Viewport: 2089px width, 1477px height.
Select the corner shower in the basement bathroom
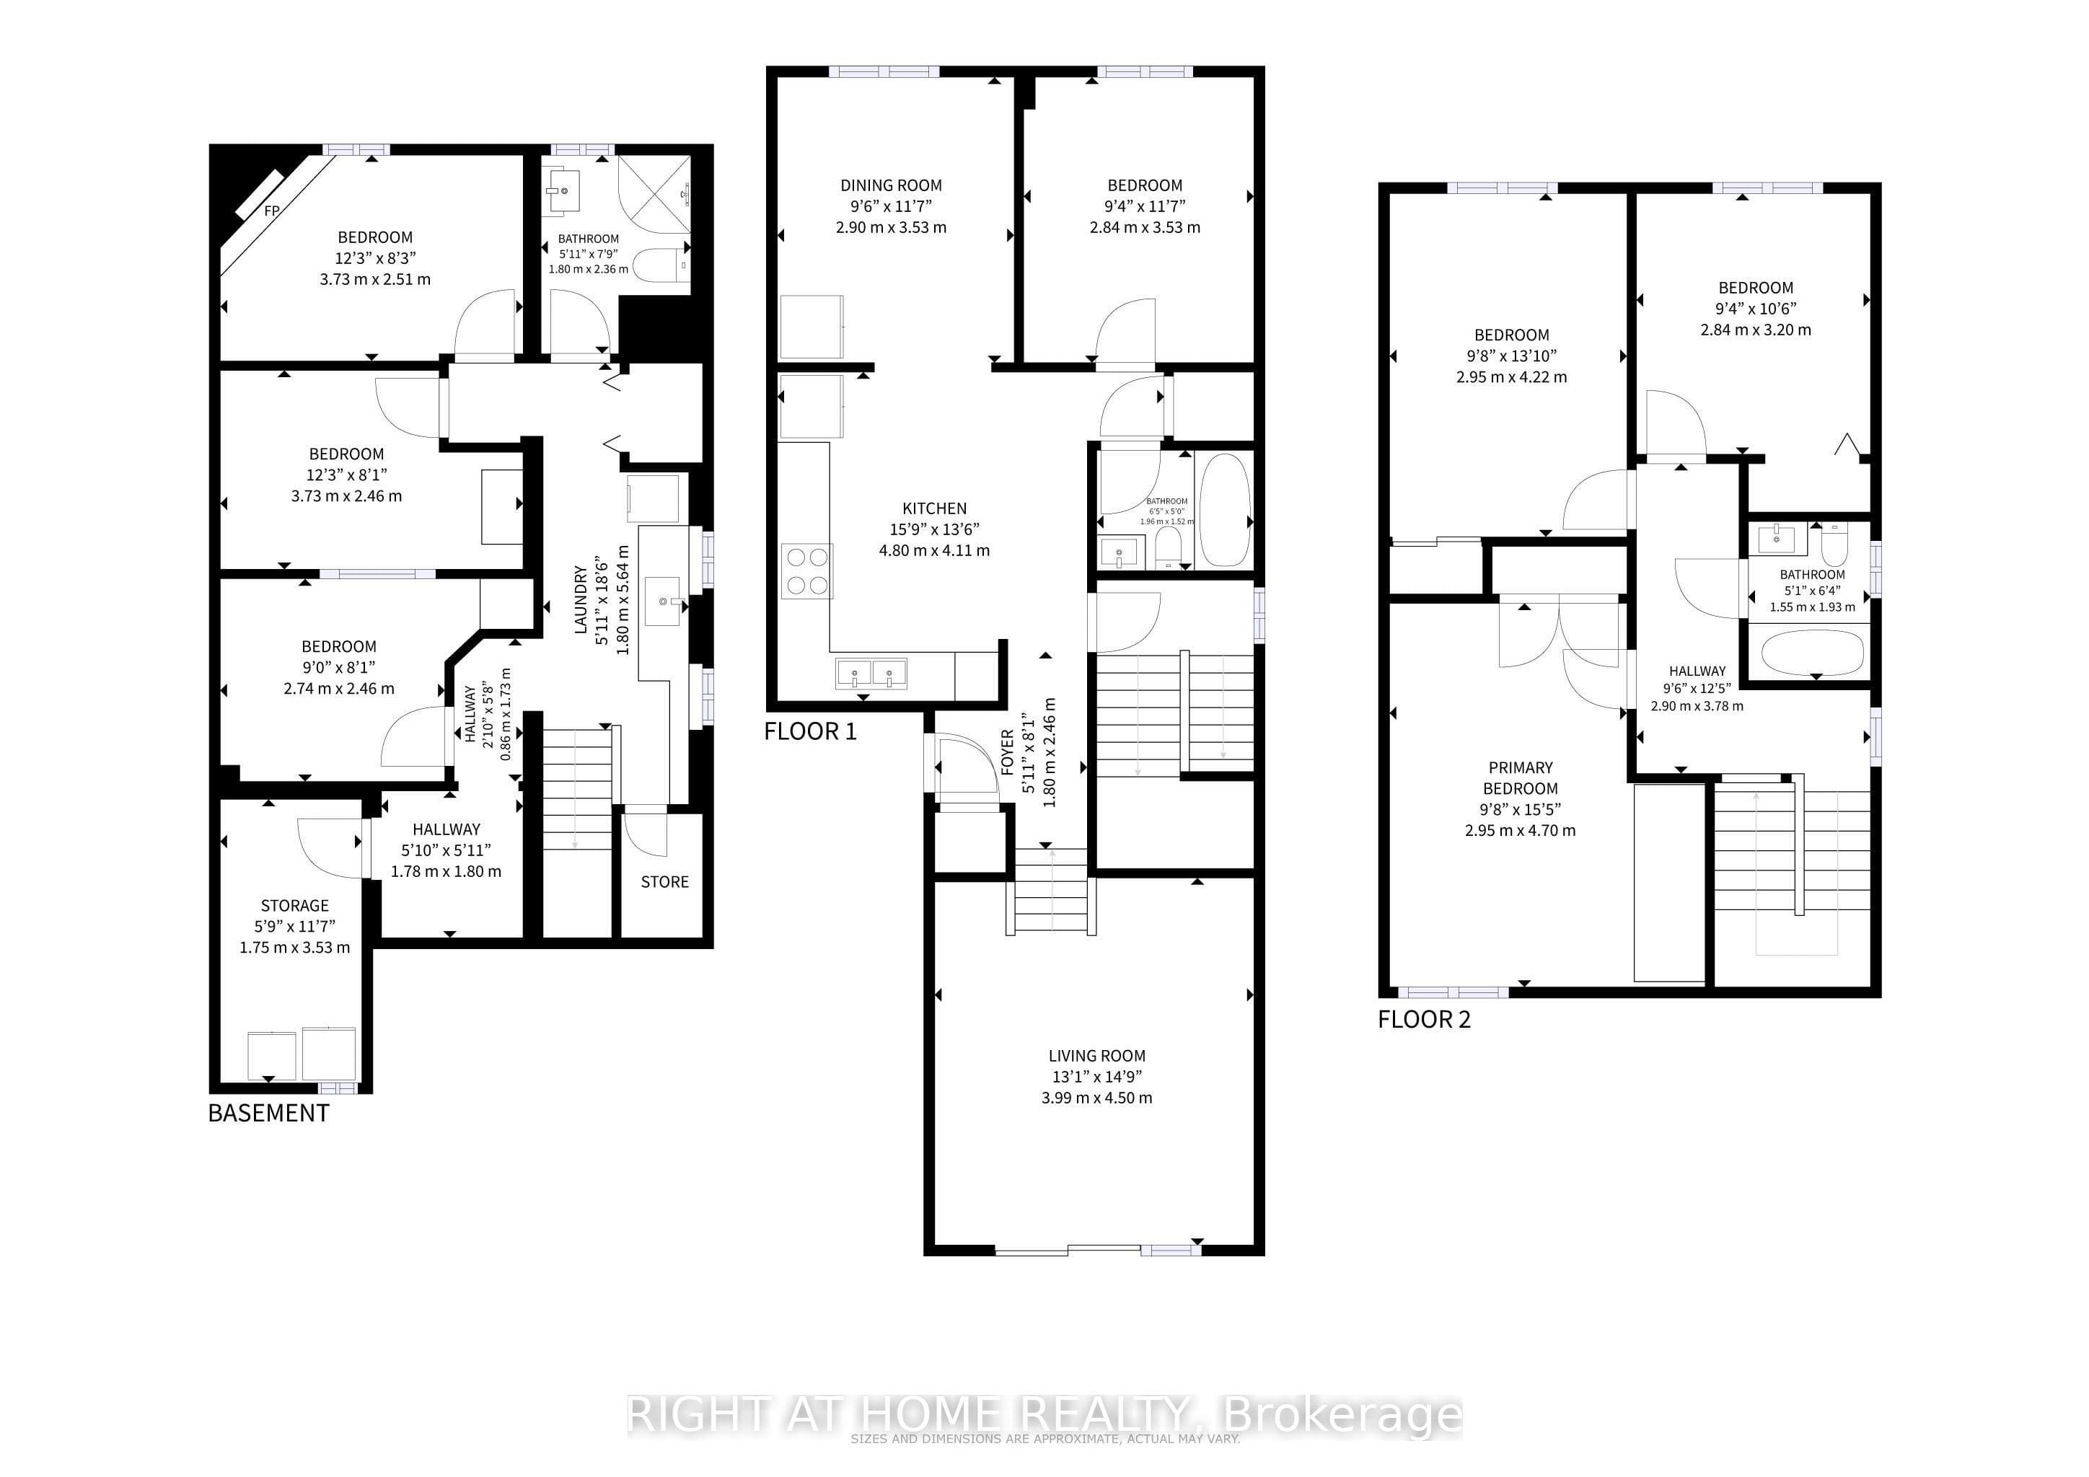(654, 194)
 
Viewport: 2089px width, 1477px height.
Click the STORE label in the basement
(665, 881)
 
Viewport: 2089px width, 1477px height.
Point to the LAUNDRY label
(581, 599)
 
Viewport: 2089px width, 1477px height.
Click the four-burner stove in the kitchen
(807, 570)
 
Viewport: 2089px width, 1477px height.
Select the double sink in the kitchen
(871, 674)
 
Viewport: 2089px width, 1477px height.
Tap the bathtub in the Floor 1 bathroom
(1225, 509)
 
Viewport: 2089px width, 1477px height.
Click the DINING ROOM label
(891, 185)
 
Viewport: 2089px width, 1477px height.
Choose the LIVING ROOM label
(1097, 1056)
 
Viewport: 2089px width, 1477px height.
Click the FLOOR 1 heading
(811, 731)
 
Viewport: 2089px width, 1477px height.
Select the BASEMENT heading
(268, 1114)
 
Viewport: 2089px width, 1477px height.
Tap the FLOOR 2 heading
(1424, 1020)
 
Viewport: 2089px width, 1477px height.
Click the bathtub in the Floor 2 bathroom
(1813, 653)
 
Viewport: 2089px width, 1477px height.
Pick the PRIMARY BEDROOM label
(1521, 777)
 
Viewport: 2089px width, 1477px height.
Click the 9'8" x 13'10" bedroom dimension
(1511, 356)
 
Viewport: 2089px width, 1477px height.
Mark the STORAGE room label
(295, 906)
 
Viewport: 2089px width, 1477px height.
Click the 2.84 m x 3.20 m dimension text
(1756, 330)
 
